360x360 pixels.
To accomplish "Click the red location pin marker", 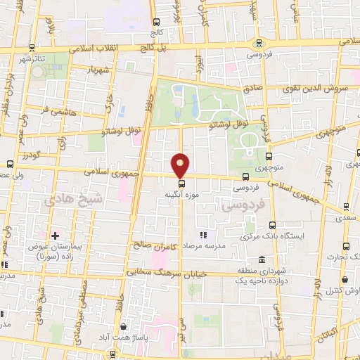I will pos(181,165).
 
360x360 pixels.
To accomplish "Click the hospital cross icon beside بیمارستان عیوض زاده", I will pos(55,235).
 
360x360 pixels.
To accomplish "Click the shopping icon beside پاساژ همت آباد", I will pos(124,327).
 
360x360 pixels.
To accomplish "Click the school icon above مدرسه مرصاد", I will pos(204,235).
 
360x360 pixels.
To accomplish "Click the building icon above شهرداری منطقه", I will pos(262,259).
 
